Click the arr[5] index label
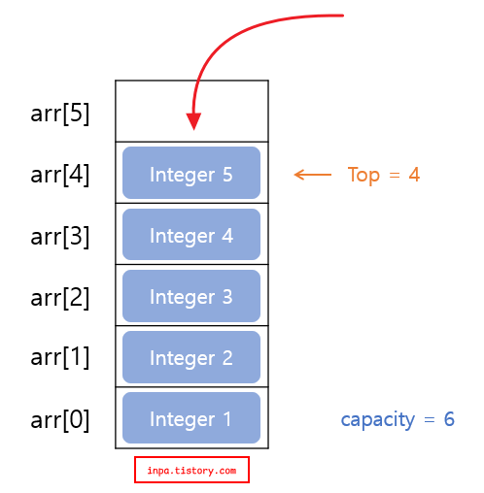(x=60, y=114)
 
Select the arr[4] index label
(x=60, y=175)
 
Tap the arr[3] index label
(x=60, y=236)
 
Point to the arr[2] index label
(x=60, y=297)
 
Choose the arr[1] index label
(x=60, y=357)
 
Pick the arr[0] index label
(x=60, y=419)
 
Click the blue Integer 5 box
(x=191, y=174)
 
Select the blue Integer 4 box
(x=191, y=235)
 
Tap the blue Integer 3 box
(x=191, y=296)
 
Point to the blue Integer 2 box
(x=191, y=357)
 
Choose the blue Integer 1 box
(x=191, y=418)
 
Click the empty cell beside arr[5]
(x=233, y=111)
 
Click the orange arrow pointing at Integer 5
(x=312, y=175)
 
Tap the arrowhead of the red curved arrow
(x=193, y=121)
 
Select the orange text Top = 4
(x=384, y=175)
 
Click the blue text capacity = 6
(x=398, y=419)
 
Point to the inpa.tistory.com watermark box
(x=191, y=471)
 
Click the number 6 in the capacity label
(x=449, y=419)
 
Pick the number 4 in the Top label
(x=414, y=175)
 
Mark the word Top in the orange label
(x=363, y=176)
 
